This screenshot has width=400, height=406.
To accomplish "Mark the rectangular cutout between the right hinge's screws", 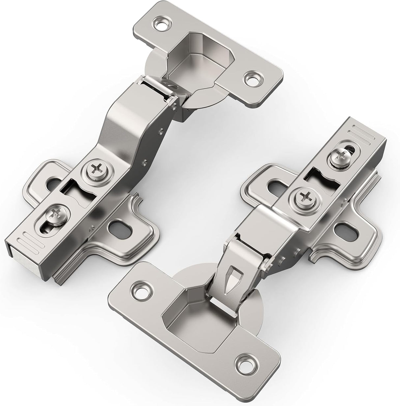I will (x=321, y=180).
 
